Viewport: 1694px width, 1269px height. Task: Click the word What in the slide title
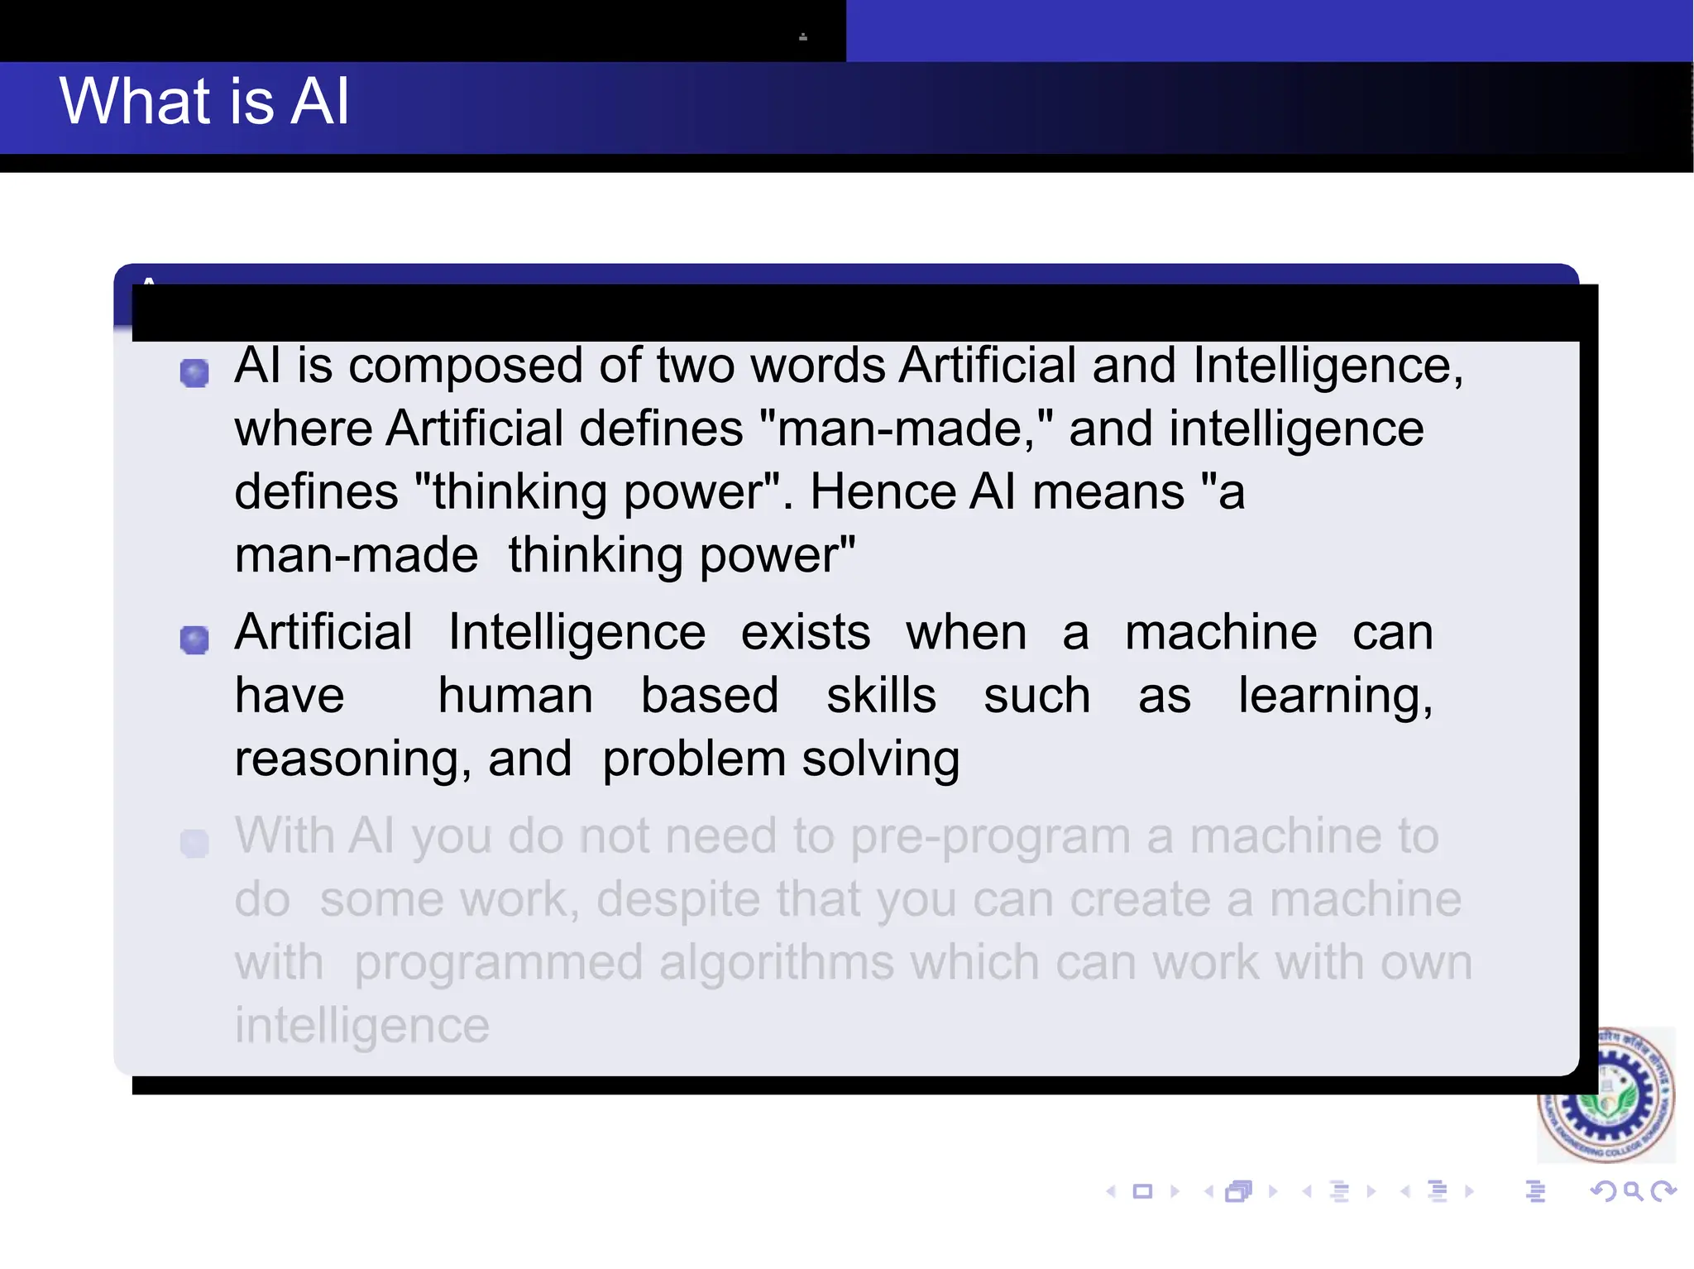[x=136, y=101]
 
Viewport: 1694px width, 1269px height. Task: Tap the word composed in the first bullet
[x=466, y=366]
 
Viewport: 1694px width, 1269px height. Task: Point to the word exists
[x=805, y=634]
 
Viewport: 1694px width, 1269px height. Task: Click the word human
[x=515, y=697]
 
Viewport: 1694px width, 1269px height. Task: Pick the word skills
[x=881, y=697]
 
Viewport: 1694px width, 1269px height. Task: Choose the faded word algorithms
[x=777, y=964]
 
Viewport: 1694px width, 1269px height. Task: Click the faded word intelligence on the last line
[x=362, y=1027]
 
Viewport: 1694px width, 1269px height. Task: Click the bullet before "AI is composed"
[x=194, y=373]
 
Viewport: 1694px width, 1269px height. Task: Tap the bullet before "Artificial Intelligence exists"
[x=194, y=639]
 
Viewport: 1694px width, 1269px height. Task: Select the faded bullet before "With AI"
[x=194, y=844]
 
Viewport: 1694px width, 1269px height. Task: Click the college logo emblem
[x=1605, y=1094]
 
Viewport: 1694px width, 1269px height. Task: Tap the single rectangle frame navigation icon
[x=1142, y=1191]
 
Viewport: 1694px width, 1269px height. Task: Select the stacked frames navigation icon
[x=1239, y=1191]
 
